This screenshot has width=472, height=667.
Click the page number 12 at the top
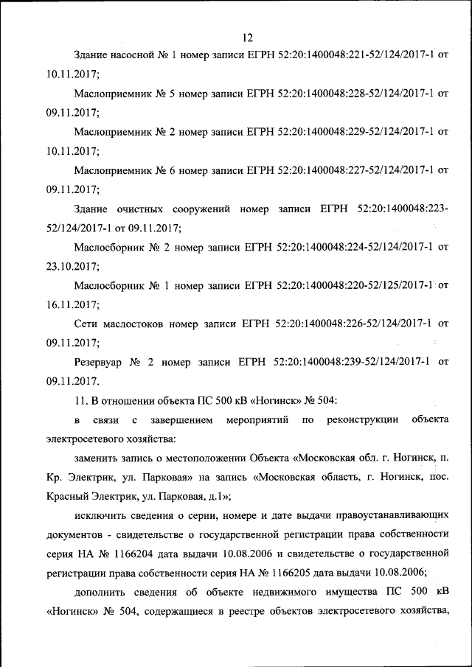coord(247,37)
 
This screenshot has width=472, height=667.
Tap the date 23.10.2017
coord(72,266)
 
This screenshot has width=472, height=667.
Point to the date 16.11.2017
coord(72,304)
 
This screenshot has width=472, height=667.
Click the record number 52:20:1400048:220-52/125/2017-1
coord(355,285)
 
